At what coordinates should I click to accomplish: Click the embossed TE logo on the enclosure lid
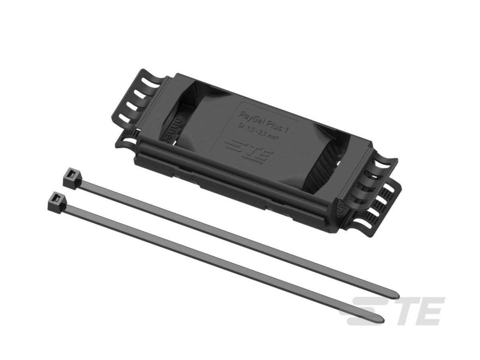[x=247, y=150]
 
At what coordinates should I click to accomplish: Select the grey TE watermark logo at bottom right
[x=392, y=311]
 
